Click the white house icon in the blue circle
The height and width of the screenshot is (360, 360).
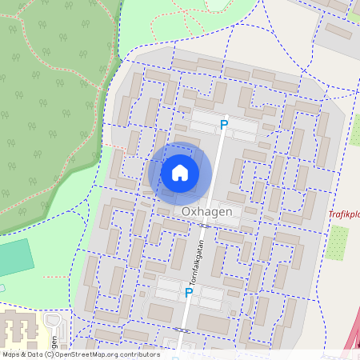(180, 172)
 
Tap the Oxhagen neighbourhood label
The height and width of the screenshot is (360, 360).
(207, 211)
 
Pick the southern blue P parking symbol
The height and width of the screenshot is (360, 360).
(189, 293)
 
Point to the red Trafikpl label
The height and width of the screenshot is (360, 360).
(344, 214)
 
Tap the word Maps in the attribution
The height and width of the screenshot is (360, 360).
(12, 354)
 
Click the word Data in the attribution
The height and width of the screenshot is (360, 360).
(34, 354)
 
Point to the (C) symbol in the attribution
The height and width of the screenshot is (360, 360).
(50, 354)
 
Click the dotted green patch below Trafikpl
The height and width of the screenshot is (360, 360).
(338, 242)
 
